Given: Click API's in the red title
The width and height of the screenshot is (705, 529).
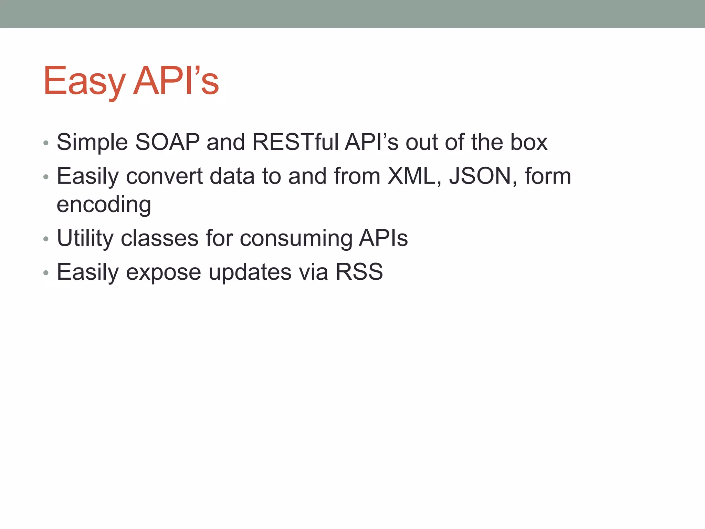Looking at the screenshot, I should coord(176,81).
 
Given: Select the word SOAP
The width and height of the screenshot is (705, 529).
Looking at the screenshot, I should coord(167,142).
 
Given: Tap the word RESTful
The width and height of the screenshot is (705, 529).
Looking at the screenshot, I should coord(295,142).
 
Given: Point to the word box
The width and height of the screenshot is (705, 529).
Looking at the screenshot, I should coord(529,142).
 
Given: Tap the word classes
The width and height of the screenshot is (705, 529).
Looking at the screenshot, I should coord(160,238).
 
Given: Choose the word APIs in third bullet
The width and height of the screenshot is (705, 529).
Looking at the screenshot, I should coord(383,238).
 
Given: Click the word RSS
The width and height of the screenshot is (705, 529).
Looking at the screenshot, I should coord(359,272).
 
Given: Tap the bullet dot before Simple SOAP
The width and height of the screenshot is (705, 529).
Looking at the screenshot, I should coord(46,143).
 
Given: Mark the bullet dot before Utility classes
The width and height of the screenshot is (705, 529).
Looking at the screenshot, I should coord(46,239).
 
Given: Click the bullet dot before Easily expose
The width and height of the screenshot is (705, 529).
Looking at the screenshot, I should coord(46,273).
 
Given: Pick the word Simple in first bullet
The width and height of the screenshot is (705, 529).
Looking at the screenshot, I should coord(92,143).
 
